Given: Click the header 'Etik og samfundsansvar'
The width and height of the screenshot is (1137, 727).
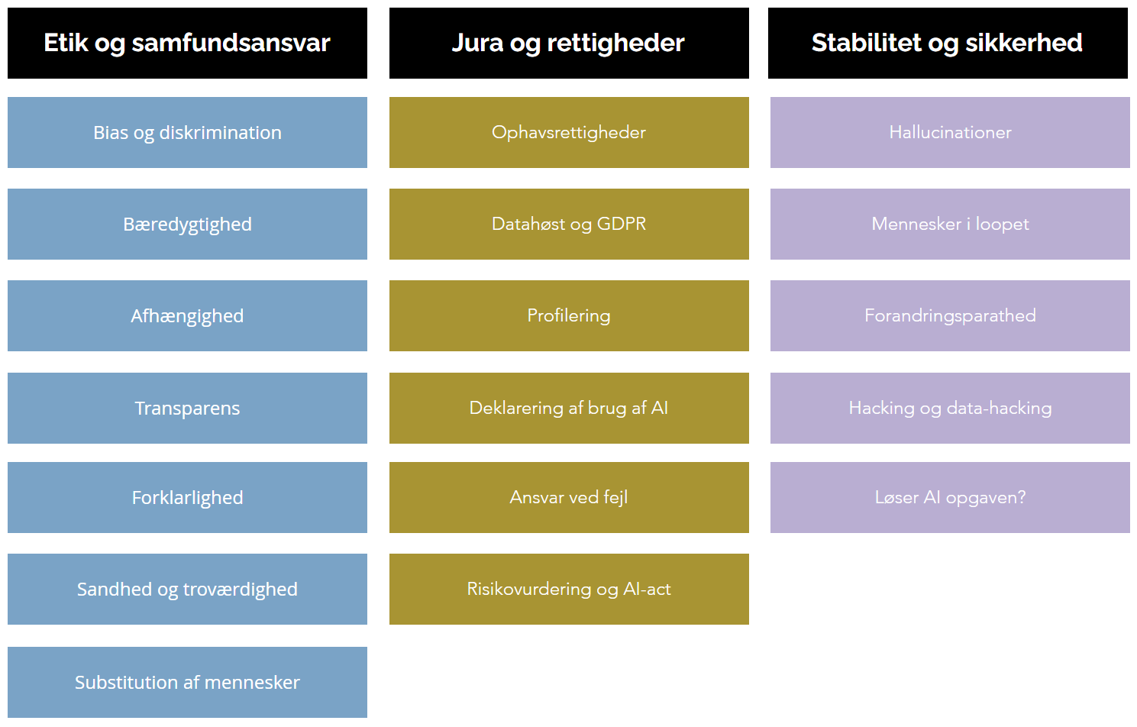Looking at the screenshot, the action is (187, 44).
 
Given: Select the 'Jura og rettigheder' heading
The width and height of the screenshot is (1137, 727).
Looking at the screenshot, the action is (569, 44).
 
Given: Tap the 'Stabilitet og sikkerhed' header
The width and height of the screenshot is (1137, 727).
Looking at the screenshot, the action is (948, 44).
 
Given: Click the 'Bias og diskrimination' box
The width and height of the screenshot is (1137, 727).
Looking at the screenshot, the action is (187, 133).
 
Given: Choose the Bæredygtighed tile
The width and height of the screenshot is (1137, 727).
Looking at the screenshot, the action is (187, 225).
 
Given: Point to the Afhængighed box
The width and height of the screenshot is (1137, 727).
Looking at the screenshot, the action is (187, 316).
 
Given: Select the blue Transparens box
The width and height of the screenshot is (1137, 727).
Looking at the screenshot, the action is (187, 409).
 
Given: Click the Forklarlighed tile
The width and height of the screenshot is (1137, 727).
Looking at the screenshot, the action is (187, 498).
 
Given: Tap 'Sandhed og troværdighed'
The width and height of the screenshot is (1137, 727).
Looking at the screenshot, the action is (187, 589).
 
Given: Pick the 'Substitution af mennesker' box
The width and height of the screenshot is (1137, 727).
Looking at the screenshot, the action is (187, 682).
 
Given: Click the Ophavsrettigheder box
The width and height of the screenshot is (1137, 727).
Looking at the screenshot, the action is (569, 133).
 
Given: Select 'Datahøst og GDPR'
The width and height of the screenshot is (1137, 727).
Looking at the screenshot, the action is (569, 225).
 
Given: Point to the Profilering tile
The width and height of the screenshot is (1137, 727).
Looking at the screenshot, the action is (569, 316).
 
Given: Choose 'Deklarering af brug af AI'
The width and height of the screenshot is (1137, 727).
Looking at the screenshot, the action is (569, 409).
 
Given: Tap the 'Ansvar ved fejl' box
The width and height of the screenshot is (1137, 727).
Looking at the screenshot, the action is (569, 498).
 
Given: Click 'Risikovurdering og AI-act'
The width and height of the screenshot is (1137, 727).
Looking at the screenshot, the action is (569, 589).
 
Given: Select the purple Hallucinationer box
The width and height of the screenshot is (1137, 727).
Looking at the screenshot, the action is (950, 133).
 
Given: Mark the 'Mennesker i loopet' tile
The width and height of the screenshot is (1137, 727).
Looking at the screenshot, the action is (950, 225).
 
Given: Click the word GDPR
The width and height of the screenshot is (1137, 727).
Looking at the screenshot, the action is (622, 224).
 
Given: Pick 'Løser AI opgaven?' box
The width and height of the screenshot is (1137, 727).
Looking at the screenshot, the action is (950, 498).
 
